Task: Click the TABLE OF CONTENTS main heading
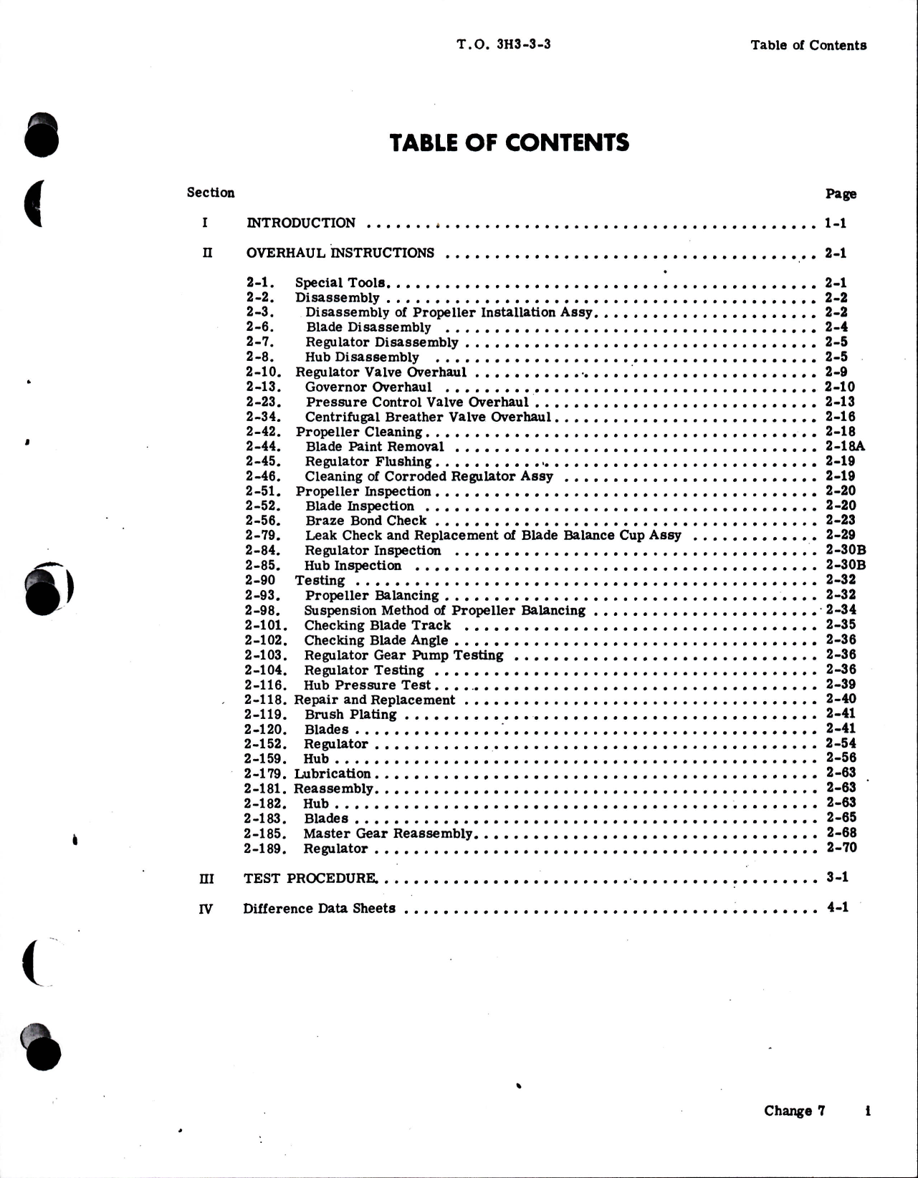click(510, 143)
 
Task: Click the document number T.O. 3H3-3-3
click(504, 44)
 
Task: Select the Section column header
click(211, 193)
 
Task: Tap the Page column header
click(841, 194)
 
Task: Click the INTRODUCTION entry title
click(301, 223)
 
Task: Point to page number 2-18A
click(845, 446)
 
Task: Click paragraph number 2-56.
click(262, 521)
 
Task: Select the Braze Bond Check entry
click(365, 521)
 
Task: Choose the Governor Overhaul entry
click(368, 387)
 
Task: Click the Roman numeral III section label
click(206, 879)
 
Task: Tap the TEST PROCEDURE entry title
click(311, 878)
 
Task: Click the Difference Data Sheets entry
click(319, 908)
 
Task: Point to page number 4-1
click(837, 907)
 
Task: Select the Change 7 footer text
click(794, 1111)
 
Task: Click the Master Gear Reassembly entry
click(388, 834)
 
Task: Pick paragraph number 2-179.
click(265, 773)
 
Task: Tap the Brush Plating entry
click(350, 714)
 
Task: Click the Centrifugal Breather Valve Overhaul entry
click(428, 417)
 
